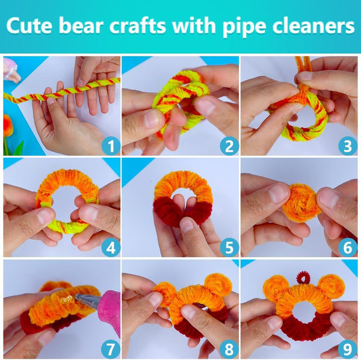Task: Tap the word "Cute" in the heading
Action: click(x=29, y=25)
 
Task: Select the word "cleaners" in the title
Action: click(x=313, y=25)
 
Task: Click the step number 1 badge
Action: click(x=111, y=146)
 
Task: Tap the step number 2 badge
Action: click(x=229, y=146)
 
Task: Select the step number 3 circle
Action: click(x=348, y=146)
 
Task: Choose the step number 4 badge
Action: click(x=111, y=248)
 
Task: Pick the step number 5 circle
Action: click(x=229, y=248)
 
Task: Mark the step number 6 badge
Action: click(x=348, y=248)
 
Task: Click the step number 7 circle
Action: click(x=111, y=349)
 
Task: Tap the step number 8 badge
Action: click(x=229, y=349)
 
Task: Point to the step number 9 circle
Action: click(x=348, y=349)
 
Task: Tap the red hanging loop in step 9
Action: click(x=303, y=278)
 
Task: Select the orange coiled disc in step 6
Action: click(x=302, y=203)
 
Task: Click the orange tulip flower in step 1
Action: click(x=8, y=126)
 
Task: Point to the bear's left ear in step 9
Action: click(x=276, y=287)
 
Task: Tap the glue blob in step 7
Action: click(x=66, y=299)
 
